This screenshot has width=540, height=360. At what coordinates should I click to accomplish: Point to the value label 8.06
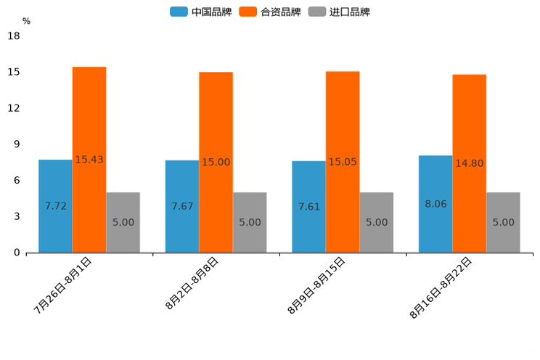(435, 204)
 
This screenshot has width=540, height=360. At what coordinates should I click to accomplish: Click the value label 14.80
(469, 163)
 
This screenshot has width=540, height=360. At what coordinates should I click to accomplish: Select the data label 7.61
(308, 207)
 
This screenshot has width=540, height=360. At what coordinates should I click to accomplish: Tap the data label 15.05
(342, 162)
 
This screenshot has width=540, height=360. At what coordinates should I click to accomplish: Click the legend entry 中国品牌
(202, 12)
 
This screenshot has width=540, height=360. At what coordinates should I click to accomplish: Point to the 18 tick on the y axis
(14, 36)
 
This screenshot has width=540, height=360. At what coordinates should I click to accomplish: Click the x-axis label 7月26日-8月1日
(63, 285)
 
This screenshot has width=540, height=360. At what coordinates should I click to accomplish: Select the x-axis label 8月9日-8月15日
(316, 285)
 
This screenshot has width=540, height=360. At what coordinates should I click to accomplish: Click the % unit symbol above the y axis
(26, 22)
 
